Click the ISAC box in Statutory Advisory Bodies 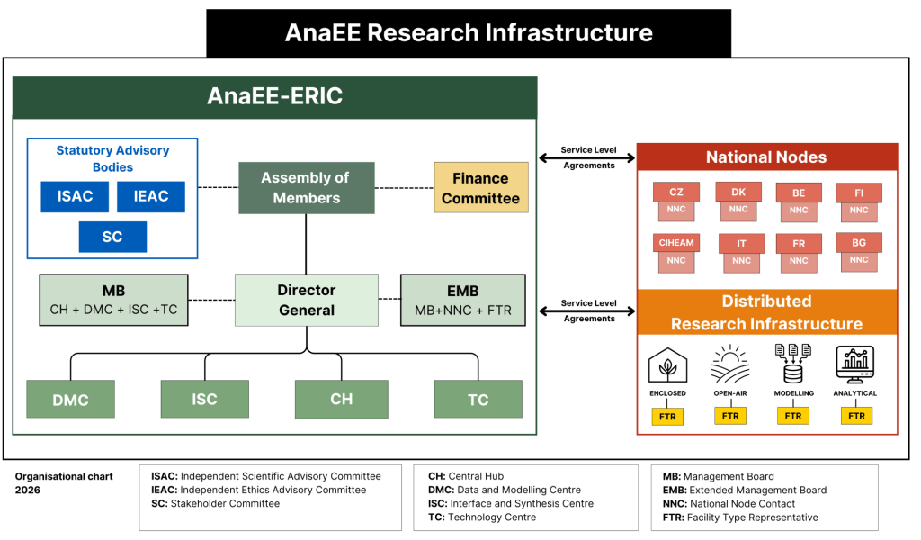coord(75,196)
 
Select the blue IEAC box coord(151,196)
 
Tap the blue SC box coord(112,237)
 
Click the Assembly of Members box coord(306,188)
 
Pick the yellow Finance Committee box coord(481,187)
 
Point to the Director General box coord(307,300)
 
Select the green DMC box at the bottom coord(70,399)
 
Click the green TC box coord(478,399)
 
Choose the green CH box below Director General coord(341,399)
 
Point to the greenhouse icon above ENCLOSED coord(668,364)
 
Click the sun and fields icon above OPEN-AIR coord(730,364)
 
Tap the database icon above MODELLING coord(793,364)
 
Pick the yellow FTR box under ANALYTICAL coord(856,416)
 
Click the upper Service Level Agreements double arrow coord(587,157)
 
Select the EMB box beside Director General coord(463,300)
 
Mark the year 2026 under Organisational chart coord(28,490)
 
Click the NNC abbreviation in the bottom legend coord(675,504)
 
